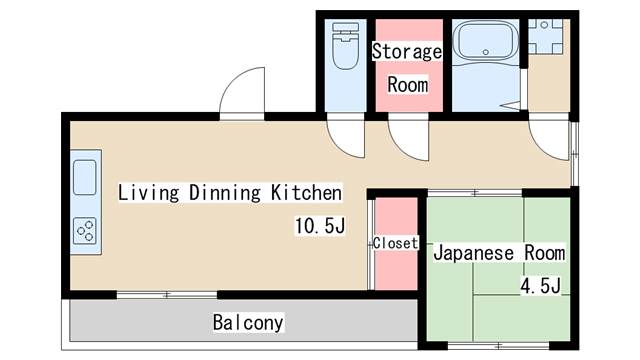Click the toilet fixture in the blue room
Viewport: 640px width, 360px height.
click(x=346, y=46)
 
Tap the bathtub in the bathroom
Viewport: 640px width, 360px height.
click(x=486, y=40)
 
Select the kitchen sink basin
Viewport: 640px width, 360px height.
click(x=85, y=178)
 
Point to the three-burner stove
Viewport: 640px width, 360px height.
click(x=85, y=231)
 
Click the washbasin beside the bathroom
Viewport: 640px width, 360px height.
click(x=545, y=36)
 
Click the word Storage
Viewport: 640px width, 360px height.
click(x=407, y=52)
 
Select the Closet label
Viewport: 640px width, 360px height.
click(x=396, y=243)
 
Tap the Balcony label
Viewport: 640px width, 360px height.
click(x=248, y=323)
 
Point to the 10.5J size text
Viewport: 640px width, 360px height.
click(x=320, y=226)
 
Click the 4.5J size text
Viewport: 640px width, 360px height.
click(x=540, y=285)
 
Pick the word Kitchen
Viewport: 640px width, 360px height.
click(x=307, y=193)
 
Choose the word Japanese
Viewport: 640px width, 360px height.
click(x=473, y=253)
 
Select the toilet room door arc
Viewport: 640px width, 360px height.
click(x=341, y=143)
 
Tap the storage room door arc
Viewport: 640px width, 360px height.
click(x=402, y=145)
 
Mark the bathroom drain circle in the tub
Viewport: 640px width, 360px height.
click(x=486, y=52)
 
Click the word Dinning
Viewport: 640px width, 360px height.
click(x=225, y=193)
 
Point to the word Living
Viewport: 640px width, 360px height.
click(x=149, y=193)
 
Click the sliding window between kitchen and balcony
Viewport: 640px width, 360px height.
click(x=167, y=295)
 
